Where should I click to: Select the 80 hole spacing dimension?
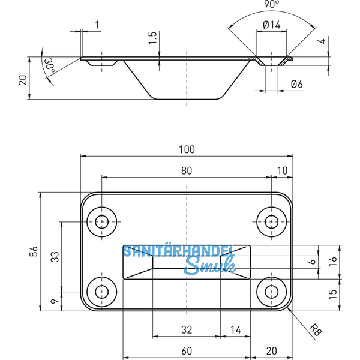(x=186, y=170)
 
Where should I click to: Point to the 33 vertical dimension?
(x=55, y=257)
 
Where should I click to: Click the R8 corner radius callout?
(x=316, y=329)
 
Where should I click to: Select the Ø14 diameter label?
(x=272, y=25)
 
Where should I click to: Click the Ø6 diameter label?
(x=296, y=85)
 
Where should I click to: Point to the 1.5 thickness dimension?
(x=153, y=38)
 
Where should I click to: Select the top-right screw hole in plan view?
(x=271, y=221)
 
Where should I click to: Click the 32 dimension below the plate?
(x=186, y=329)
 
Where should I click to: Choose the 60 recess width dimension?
(x=186, y=350)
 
